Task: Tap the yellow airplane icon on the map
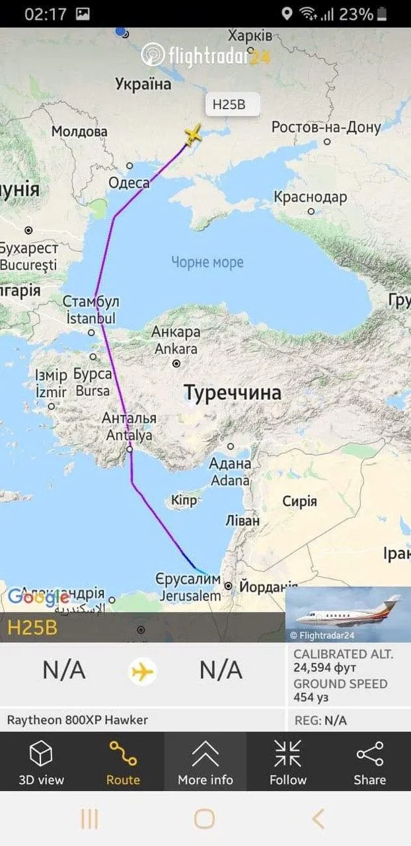(x=193, y=135)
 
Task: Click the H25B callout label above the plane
(x=228, y=104)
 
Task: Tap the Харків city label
(x=249, y=35)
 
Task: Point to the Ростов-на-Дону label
(x=326, y=128)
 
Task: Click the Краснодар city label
(x=310, y=197)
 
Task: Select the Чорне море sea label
(x=207, y=262)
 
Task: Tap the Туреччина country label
(x=233, y=393)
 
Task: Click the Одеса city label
(x=128, y=183)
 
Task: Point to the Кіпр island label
(x=184, y=500)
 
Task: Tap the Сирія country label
(x=300, y=501)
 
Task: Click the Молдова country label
(x=79, y=132)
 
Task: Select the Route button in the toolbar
(x=123, y=763)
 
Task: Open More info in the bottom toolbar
(x=205, y=763)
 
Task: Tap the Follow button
(x=287, y=763)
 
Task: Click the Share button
(x=369, y=763)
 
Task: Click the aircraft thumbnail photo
(x=348, y=615)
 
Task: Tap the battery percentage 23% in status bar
(x=356, y=14)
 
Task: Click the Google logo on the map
(x=38, y=597)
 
